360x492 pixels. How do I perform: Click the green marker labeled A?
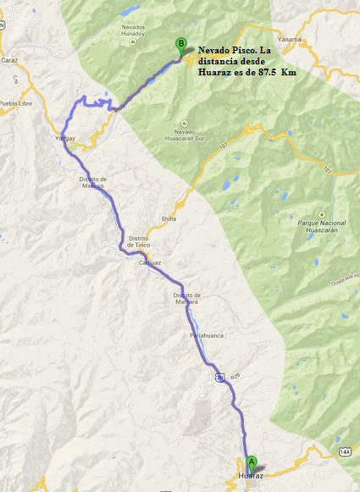pos(251,463)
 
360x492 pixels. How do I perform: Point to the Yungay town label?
pos(66,137)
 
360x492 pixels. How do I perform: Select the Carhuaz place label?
pos(149,263)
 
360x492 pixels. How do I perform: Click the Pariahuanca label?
pos(207,337)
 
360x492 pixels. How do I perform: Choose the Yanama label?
pos(313,39)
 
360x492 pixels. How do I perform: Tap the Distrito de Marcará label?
pos(186,297)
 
